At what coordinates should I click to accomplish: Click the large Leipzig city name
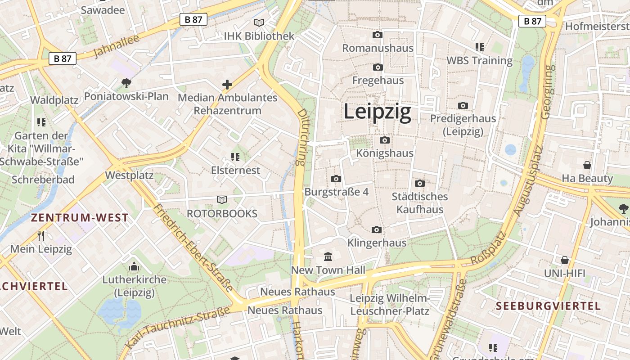[377, 112]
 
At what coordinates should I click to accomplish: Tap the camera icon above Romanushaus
[378, 35]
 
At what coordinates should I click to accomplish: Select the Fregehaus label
[378, 81]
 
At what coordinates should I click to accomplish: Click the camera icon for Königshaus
[385, 140]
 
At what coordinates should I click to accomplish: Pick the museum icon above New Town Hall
[328, 257]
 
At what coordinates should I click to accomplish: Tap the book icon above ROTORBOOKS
[222, 200]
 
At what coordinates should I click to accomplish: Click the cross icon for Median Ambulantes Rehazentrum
[227, 84]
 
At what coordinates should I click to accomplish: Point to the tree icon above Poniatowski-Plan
[126, 83]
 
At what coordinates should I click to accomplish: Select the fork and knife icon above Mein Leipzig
[41, 235]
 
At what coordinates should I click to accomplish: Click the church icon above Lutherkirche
[134, 267]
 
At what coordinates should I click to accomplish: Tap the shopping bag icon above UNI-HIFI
[565, 260]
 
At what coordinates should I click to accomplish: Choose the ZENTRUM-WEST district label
[80, 218]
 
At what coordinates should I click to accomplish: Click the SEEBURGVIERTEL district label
[548, 306]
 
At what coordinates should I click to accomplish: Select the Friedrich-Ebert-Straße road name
[193, 247]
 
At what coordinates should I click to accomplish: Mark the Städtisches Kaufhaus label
[419, 203]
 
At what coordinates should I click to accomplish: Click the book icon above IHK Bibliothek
[259, 22]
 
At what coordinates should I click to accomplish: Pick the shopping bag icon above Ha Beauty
[587, 165]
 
